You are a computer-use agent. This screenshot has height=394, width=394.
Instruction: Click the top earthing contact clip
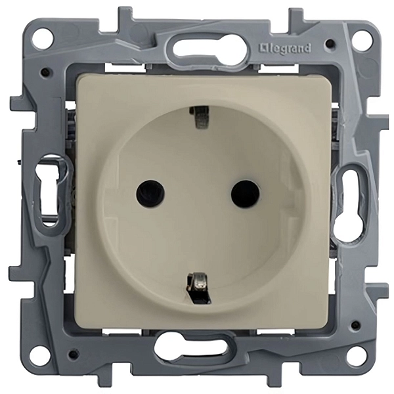click(200, 116)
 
